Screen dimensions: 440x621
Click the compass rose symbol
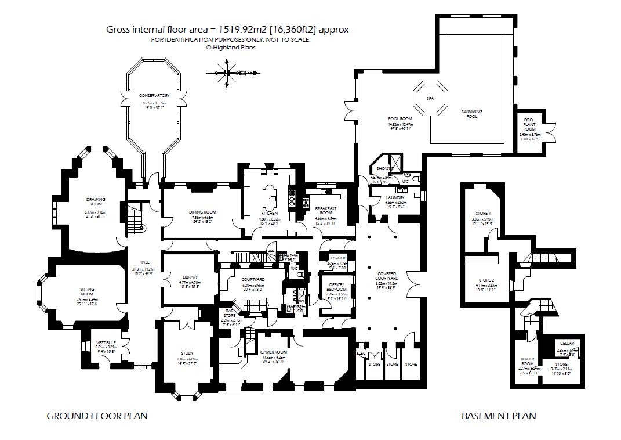[x=230, y=74]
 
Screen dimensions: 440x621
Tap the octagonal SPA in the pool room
[x=430, y=99]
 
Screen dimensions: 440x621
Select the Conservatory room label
[x=154, y=95]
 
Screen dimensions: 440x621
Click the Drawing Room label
[x=96, y=201]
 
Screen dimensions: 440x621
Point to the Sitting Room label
[x=87, y=291]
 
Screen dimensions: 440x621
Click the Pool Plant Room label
[x=529, y=124]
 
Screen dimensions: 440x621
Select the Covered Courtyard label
[x=386, y=276]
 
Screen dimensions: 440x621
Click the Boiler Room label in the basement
[x=527, y=361]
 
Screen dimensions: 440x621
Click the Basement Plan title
[x=498, y=416]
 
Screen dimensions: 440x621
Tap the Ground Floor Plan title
[x=97, y=416]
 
